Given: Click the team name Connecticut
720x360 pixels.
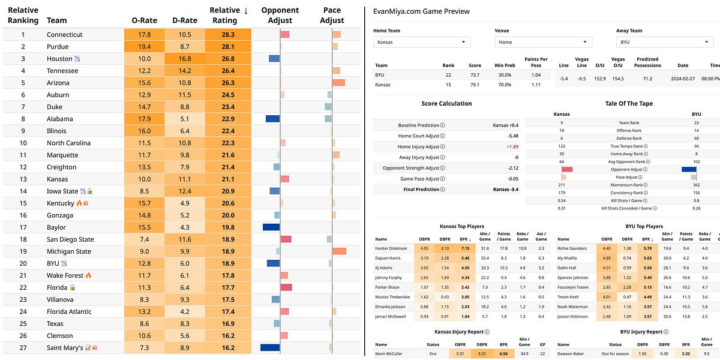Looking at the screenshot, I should [x=64, y=35].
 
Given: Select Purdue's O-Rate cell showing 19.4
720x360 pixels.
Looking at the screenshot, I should [x=145, y=47].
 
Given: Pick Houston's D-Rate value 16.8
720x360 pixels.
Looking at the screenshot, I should [x=184, y=59].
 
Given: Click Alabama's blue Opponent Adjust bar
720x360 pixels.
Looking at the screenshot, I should [x=273, y=119].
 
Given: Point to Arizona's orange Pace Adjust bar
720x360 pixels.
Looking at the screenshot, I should [x=338, y=83].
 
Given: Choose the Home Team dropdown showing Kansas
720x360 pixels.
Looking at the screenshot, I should [x=422, y=42].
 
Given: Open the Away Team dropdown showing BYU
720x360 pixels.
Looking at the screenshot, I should [x=664, y=42].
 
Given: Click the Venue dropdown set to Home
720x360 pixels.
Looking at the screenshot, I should [x=543, y=42].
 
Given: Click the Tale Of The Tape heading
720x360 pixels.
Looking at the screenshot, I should [x=629, y=103].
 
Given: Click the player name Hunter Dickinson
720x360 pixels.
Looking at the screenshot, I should [x=391, y=248].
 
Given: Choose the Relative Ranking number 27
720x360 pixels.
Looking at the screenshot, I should [x=23, y=347].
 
